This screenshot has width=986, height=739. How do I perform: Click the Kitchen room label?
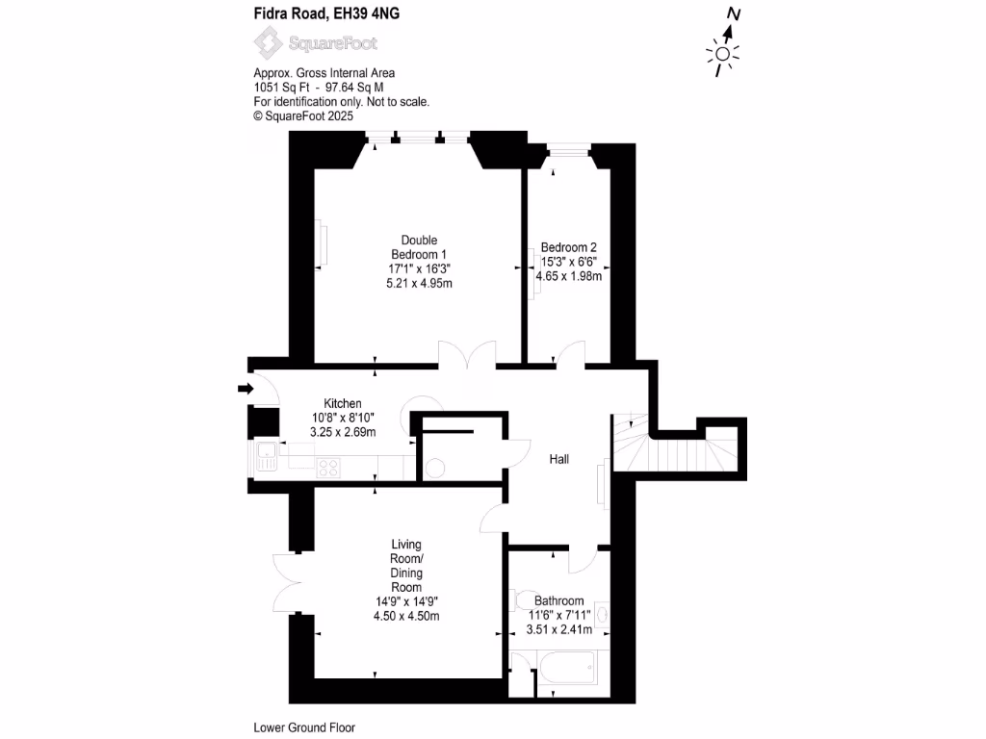(343, 403)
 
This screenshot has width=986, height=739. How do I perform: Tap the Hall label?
(558, 459)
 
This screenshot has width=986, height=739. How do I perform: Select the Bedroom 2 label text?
(568, 246)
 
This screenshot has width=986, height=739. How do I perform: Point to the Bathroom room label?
(559, 601)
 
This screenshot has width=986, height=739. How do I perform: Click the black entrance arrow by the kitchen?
(245, 389)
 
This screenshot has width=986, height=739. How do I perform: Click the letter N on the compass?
(734, 14)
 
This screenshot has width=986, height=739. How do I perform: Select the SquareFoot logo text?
(333, 43)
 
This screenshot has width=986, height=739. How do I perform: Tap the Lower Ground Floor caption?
(304, 728)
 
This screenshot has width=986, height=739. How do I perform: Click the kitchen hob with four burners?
(328, 468)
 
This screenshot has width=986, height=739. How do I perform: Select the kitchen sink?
(266, 460)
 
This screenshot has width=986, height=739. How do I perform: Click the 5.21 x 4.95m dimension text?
(419, 284)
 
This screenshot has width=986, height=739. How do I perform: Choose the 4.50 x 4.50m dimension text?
(406, 617)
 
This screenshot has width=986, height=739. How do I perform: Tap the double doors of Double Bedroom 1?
(467, 354)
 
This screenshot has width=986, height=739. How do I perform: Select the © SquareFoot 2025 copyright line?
(303, 115)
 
